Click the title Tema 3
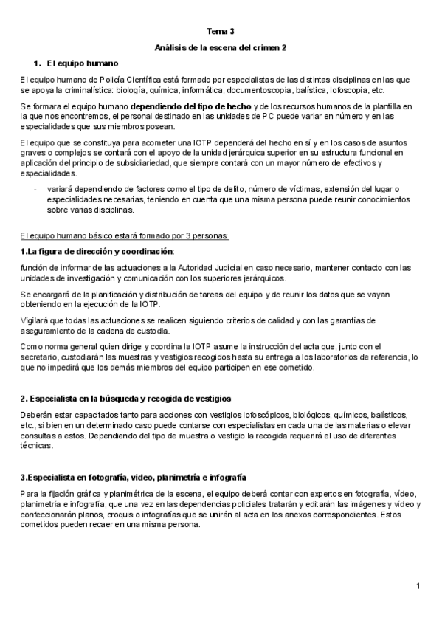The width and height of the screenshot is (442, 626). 221,32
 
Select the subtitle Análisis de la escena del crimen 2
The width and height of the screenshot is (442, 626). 221,48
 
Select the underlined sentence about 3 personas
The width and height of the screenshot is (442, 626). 125,236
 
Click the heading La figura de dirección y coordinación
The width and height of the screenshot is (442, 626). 97,252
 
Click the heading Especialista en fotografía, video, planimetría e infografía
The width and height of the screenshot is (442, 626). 134,478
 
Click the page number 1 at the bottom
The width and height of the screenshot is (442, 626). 418,587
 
